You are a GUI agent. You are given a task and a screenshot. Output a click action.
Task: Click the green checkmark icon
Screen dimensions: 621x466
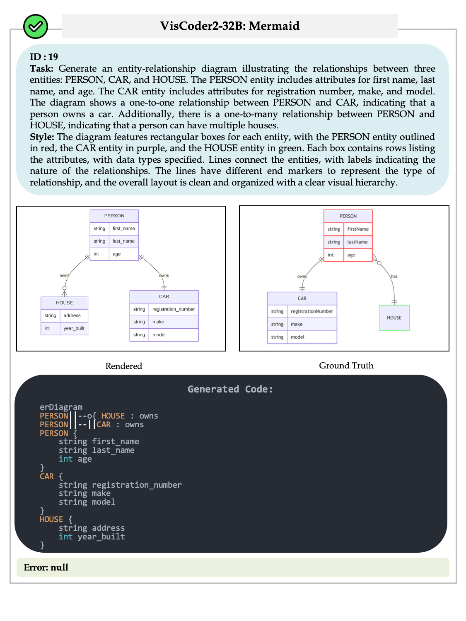pyautogui.click(x=36, y=26)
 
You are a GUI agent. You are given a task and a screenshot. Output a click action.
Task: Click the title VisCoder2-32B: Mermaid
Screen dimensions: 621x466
pyautogui.click(x=229, y=26)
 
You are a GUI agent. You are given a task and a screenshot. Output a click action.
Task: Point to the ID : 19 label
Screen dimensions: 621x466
pyautogui.click(x=44, y=57)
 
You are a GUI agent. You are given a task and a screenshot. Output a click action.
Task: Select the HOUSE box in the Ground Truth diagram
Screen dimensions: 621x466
pyautogui.click(x=394, y=318)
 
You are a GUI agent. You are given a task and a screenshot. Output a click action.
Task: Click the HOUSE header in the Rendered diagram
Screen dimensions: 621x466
pyautogui.click(x=64, y=303)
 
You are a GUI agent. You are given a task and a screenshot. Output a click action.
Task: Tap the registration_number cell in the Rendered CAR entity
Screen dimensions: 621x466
pyautogui.click(x=173, y=309)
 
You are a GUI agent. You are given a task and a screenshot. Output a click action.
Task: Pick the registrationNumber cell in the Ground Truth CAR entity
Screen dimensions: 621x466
pyautogui.click(x=311, y=311)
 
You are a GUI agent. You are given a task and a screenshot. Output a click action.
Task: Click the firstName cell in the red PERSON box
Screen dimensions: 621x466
pyautogui.click(x=357, y=229)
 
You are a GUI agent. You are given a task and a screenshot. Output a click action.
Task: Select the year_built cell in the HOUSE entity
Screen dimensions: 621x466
pyautogui.click(x=74, y=328)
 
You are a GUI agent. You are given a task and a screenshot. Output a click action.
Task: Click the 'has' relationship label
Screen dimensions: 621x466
pyautogui.click(x=394, y=276)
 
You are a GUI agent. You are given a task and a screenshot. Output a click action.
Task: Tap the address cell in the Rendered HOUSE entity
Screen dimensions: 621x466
pyautogui.click(x=72, y=315)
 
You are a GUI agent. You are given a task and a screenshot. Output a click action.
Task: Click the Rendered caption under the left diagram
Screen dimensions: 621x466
pyautogui.click(x=123, y=366)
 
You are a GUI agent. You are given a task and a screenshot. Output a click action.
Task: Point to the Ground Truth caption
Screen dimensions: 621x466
pyautogui.click(x=346, y=366)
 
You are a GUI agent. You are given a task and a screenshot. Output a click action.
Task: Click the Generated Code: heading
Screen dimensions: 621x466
pyautogui.click(x=230, y=389)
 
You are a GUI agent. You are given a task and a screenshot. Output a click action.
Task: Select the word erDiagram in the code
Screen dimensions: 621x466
pyautogui.click(x=61, y=407)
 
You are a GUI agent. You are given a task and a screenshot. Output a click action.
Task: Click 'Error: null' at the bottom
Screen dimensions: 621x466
pyautogui.click(x=46, y=567)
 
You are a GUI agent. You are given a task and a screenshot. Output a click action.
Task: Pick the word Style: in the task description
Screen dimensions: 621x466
pyautogui.click(x=42, y=137)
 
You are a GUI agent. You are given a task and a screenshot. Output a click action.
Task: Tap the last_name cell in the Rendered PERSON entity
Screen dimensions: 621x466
pyautogui.click(x=123, y=241)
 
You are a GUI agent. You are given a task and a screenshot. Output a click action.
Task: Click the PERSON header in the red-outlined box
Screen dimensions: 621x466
pyautogui.click(x=348, y=216)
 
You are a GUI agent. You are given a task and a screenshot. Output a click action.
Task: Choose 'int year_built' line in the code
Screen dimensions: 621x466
pyautogui.click(x=92, y=537)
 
